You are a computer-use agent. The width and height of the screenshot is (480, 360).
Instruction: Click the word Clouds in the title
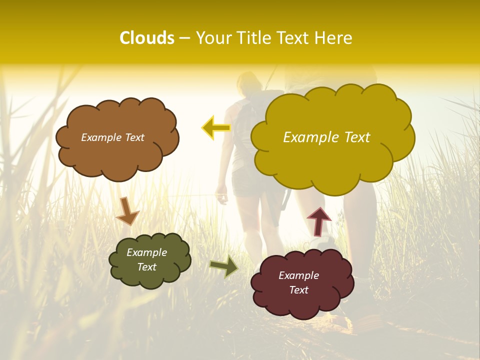(x=146, y=38)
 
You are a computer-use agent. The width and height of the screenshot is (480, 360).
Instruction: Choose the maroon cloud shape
(x=302, y=305)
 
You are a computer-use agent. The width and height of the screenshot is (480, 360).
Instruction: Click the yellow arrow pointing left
(x=216, y=128)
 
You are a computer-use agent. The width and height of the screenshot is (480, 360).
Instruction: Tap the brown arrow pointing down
(x=127, y=211)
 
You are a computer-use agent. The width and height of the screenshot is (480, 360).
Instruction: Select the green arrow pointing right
(x=224, y=266)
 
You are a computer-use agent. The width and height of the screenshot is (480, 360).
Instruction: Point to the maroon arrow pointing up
(x=318, y=221)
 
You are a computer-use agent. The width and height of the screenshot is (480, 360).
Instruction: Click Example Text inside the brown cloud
(x=112, y=137)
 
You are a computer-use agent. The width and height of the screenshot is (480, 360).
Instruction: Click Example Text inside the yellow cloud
(x=326, y=137)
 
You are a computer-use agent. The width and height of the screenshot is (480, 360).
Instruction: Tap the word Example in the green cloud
(x=146, y=252)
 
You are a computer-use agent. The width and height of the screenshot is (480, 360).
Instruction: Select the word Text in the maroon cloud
(x=298, y=290)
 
